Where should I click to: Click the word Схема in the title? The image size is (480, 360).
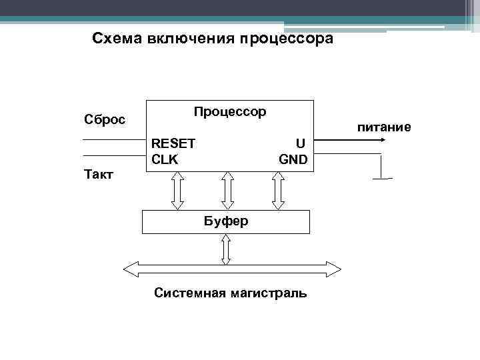(113, 39)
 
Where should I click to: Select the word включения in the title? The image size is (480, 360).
(189, 39)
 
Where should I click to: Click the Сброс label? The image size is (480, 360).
(104, 119)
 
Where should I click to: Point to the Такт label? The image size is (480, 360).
(99, 175)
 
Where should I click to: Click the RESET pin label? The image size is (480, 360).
(173, 143)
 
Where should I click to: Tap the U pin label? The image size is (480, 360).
(301, 143)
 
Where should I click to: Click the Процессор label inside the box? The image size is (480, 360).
(230, 111)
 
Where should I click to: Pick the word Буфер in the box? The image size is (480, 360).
(226, 221)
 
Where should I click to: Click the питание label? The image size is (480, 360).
(383, 127)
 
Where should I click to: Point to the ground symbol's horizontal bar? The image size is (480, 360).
(382, 179)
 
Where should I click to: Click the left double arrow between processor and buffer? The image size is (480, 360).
(178, 190)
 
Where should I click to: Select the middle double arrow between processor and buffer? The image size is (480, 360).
(227, 190)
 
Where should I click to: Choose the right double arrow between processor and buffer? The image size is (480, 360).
(278, 190)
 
